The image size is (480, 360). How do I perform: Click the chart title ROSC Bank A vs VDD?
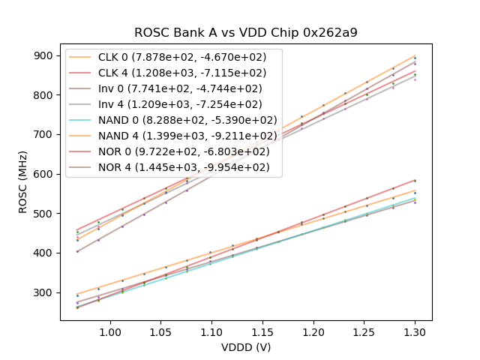tap(246, 33)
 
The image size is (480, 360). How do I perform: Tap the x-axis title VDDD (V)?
tap(246, 347)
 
